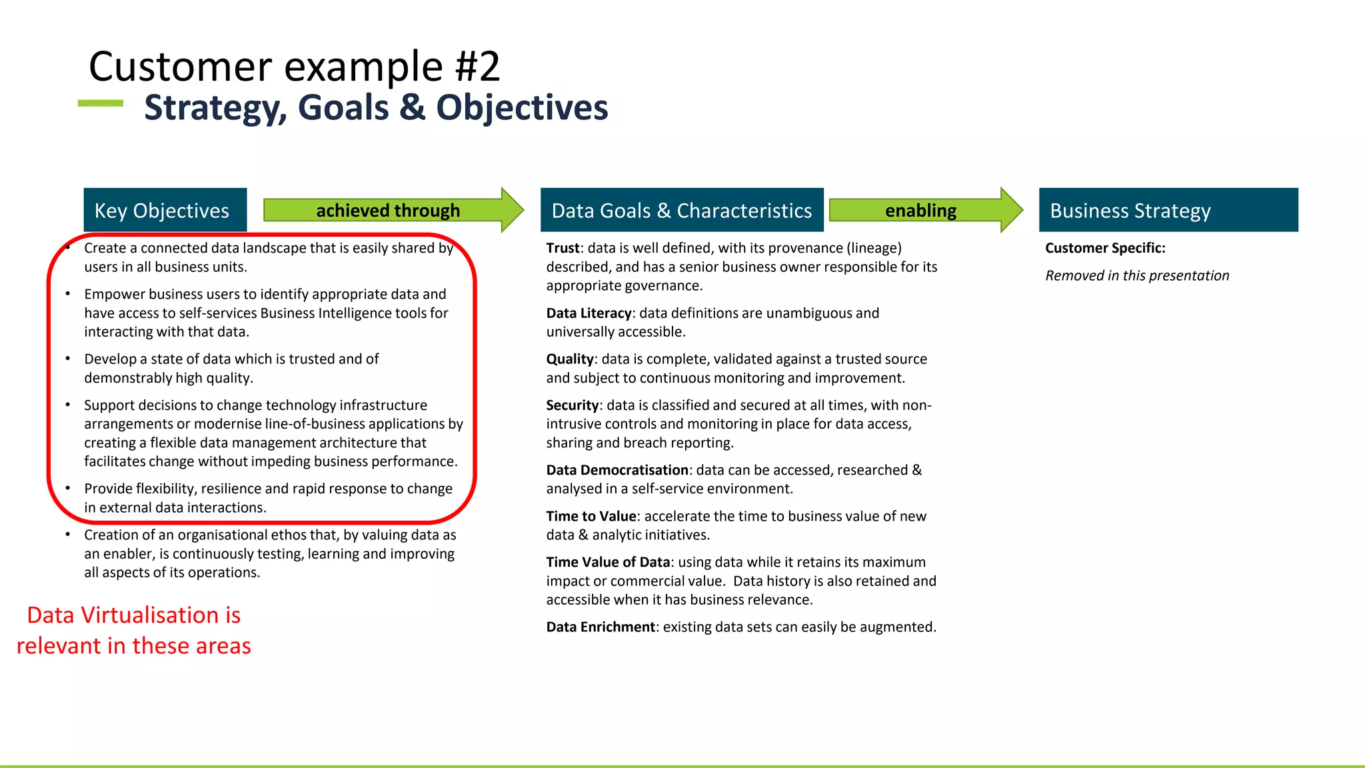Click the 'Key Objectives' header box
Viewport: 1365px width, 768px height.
(165, 210)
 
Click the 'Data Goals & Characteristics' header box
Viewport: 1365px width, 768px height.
(681, 210)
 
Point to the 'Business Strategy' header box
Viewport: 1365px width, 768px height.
(1168, 210)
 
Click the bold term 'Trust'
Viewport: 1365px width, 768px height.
(563, 248)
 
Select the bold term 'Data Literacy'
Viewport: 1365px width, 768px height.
(589, 313)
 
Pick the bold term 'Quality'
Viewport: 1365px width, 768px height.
(569, 359)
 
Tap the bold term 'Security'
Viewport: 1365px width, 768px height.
(572, 405)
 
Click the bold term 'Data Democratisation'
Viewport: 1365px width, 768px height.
(617, 470)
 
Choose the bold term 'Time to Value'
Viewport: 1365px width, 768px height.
(591, 516)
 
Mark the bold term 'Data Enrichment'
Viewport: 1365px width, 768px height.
(601, 627)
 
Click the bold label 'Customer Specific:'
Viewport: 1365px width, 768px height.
(1104, 248)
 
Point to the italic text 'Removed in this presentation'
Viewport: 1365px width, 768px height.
(1136, 276)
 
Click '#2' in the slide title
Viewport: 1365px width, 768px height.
(477, 67)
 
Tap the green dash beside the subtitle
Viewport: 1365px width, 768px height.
(101, 103)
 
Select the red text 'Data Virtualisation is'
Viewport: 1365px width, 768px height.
(133, 615)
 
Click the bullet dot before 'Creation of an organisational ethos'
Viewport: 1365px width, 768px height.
(68, 535)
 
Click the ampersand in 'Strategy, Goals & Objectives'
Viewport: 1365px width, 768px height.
(413, 107)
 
